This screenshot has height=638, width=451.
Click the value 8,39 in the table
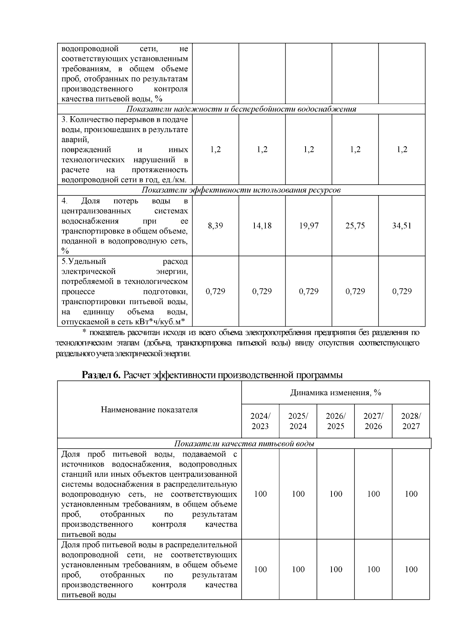pos(215,226)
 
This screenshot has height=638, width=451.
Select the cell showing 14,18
pos(262,226)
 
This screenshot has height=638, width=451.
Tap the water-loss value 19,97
pos(309,226)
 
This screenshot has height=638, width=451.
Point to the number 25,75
pos(355,226)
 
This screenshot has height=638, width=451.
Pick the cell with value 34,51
pos(402,226)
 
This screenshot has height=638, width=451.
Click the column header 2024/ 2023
pos(260,421)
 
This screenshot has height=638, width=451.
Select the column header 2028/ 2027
pos(411,421)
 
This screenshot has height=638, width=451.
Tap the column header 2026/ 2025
pos(336,421)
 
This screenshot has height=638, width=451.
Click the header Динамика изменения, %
pos(336,393)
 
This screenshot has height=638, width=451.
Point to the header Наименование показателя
pos(149,410)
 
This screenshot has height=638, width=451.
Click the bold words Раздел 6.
pos(101,375)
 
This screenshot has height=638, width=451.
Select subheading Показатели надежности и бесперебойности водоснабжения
pos(241,109)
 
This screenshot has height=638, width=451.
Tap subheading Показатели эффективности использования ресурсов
pos(241,190)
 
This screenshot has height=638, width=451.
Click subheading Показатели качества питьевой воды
pos(244,444)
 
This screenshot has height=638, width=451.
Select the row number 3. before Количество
pos(64,120)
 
